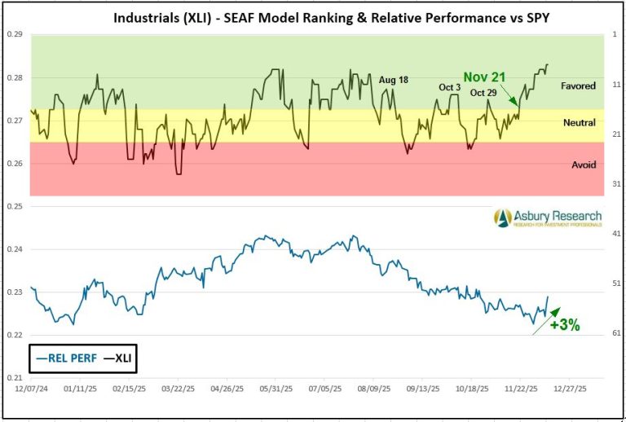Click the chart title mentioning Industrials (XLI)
tap(313, 18)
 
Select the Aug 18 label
tap(393, 79)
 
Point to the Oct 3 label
tap(450, 87)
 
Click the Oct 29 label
tap(483, 93)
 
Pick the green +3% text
tap(564, 325)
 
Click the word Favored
tap(579, 86)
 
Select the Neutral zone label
tap(579, 123)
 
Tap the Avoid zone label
tap(583, 165)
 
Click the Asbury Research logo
tap(547, 218)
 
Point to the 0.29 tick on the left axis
tap(15, 34)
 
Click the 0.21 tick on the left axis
tap(15, 378)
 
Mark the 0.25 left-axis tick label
tap(15, 206)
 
